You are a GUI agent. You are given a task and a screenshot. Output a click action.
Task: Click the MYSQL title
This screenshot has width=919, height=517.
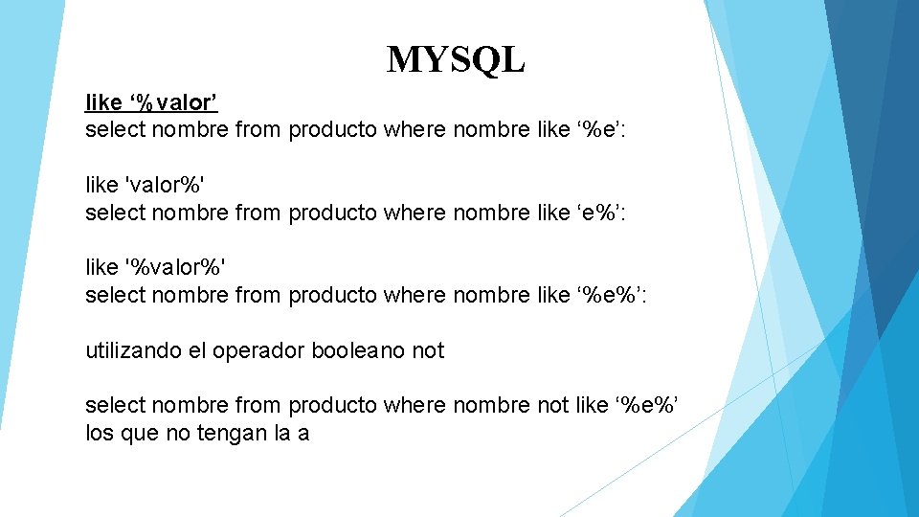point(456,60)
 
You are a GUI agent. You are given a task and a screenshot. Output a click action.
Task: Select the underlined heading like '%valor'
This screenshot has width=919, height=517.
point(158,101)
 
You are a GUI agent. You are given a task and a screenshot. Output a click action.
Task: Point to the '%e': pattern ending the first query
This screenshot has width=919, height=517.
point(601,128)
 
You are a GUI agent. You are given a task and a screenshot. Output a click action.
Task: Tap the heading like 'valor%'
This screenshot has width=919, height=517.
point(146,184)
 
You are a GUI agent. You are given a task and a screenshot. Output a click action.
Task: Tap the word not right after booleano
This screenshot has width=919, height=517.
point(428,350)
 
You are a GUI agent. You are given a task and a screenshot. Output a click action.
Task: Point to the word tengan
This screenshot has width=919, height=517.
point(228,433)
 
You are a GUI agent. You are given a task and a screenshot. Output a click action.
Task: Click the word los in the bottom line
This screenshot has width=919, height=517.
point(101,433)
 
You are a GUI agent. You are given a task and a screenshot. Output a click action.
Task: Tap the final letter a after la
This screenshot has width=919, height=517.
point(303,433)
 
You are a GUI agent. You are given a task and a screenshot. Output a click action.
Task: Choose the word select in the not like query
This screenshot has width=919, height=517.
point(112,405)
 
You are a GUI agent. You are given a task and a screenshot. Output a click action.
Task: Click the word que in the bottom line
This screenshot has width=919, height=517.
point(139,433)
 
